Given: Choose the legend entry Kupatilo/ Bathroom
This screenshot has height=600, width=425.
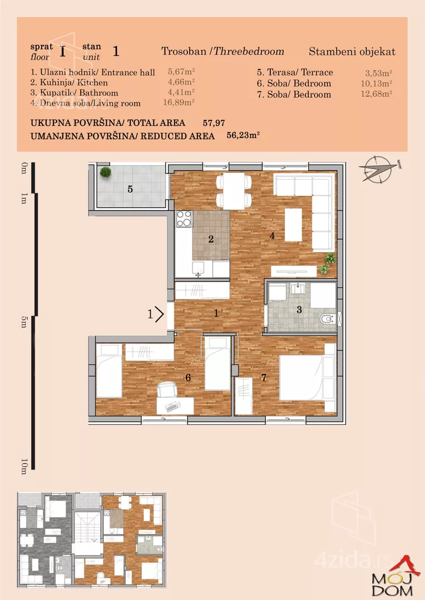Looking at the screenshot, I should [x=75, y=93].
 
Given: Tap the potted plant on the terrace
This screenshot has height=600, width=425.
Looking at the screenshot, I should [x=105, y=172].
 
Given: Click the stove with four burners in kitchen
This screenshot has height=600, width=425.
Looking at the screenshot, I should [x=184, y=219].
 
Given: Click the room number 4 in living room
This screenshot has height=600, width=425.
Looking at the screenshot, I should [x=271, y=236].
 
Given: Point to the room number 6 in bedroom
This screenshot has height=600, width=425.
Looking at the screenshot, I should [x=188, y=378].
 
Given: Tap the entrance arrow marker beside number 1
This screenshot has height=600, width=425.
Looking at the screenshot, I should [x=160, y=314].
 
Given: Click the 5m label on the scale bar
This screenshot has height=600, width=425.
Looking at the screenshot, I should [x=24, y=322].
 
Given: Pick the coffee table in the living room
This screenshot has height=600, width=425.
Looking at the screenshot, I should [x=294, y=224].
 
